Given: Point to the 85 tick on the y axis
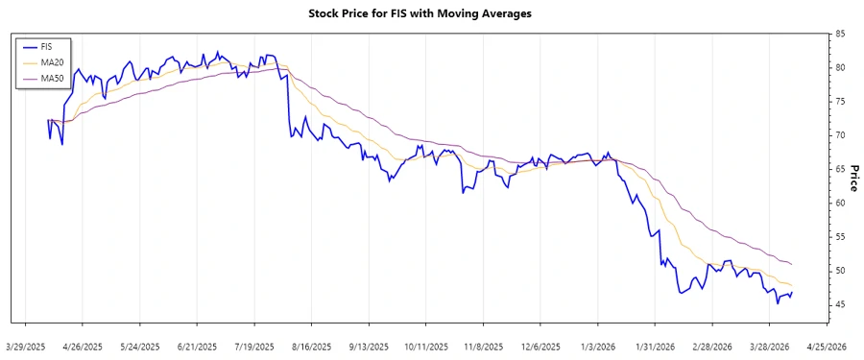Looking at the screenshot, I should (840, 34).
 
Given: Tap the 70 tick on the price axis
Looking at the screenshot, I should (840, 135).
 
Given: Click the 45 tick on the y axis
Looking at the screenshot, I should (840, 304).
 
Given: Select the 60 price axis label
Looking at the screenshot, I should (840, 203).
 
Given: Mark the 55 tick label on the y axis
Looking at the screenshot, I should (840, 236).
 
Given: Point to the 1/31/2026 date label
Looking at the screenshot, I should (655, 345).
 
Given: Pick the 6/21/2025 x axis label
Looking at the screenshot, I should (197, 345).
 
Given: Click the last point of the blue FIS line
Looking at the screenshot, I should (792, 292).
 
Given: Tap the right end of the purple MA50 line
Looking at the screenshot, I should (792, 264).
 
